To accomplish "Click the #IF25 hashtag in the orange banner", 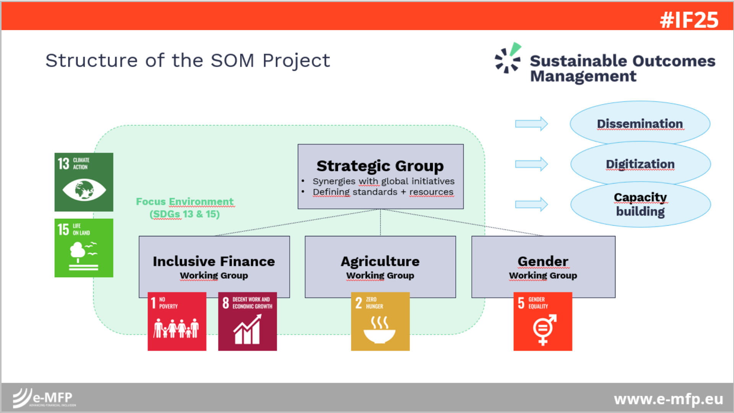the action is click(x=689, y=20).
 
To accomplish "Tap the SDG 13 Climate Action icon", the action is click(x=84, y=182).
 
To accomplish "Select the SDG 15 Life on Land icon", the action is click(x=84, y=248).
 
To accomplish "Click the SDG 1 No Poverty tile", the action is click(x=177, y=321).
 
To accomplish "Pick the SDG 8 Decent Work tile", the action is click(x=247, y=321).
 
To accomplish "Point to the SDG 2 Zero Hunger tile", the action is click(x=380, y=321).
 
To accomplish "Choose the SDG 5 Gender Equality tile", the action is click(x=543, y=321).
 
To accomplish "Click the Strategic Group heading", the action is click(x=380, y=166).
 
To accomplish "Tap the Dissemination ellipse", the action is click(x=640, y=124).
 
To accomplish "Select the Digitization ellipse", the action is click(x=640, y=164).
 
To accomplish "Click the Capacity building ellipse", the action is click(x=640, y=204).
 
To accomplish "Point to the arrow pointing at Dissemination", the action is click(x=531, y=124).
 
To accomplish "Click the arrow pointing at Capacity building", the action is click(x=531, y=204).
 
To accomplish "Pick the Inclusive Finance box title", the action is click(x=214, y=261).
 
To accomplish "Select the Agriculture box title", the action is click(x=380, y=262).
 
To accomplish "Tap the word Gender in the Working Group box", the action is click(x=543, y=261).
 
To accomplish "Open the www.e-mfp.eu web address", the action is click(x=669, y=399).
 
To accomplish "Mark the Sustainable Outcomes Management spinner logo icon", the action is click(x=508, y=58).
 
